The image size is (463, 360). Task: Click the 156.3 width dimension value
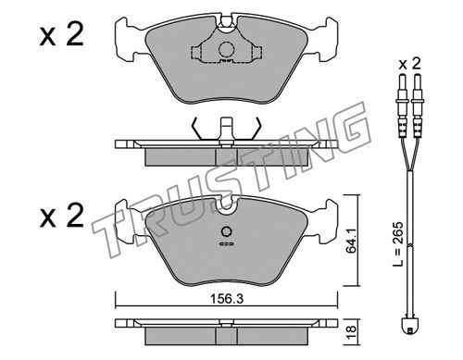(227, 299)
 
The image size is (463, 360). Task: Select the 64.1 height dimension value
(351, 241)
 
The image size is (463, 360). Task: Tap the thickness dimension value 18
(351, 332)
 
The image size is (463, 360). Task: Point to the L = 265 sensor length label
(399, 243)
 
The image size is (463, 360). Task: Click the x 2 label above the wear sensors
(409, 65)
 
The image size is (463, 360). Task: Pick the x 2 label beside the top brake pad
(62, 35)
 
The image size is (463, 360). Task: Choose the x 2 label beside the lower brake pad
(62, 216)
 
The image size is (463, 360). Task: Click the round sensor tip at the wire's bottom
(410, 327)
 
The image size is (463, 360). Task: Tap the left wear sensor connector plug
(404, 106)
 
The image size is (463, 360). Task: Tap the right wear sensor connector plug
(418, 106)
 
